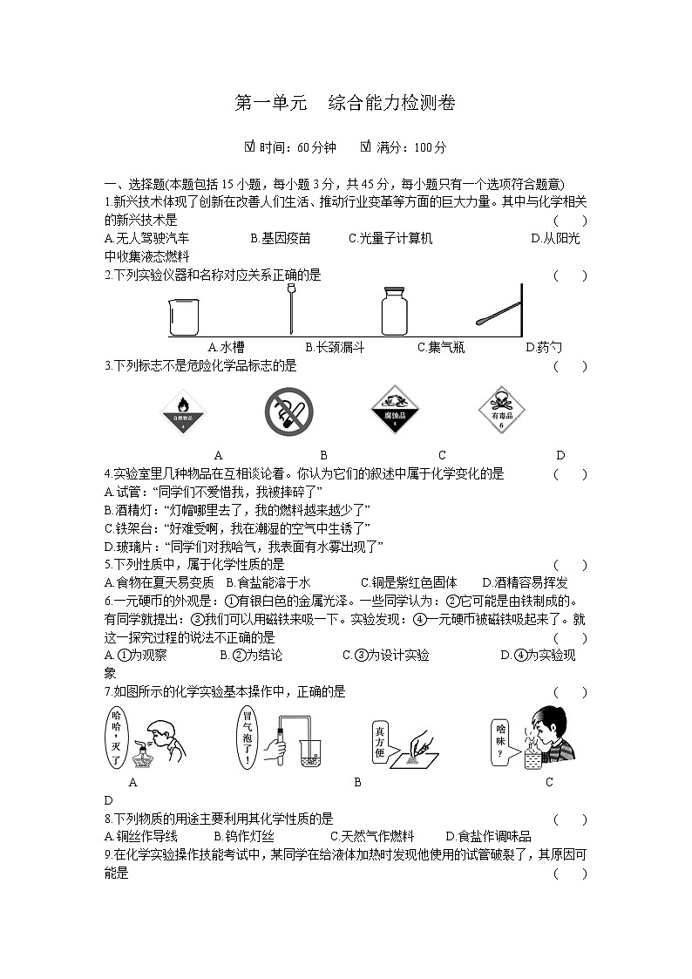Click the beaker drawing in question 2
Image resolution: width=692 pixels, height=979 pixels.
pos(181,317)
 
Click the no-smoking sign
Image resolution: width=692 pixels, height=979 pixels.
pos(288,411)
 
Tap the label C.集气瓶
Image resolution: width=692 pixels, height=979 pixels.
pos(440,347)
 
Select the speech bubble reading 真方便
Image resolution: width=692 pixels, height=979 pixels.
pos(380,740)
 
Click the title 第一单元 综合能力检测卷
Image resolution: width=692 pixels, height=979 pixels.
pos(345,103)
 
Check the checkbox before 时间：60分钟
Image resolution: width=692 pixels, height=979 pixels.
pos(250,146)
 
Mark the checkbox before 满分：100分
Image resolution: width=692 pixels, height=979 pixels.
pos(365,146)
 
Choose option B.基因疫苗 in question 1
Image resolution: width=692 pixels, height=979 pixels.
pos(280,238)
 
